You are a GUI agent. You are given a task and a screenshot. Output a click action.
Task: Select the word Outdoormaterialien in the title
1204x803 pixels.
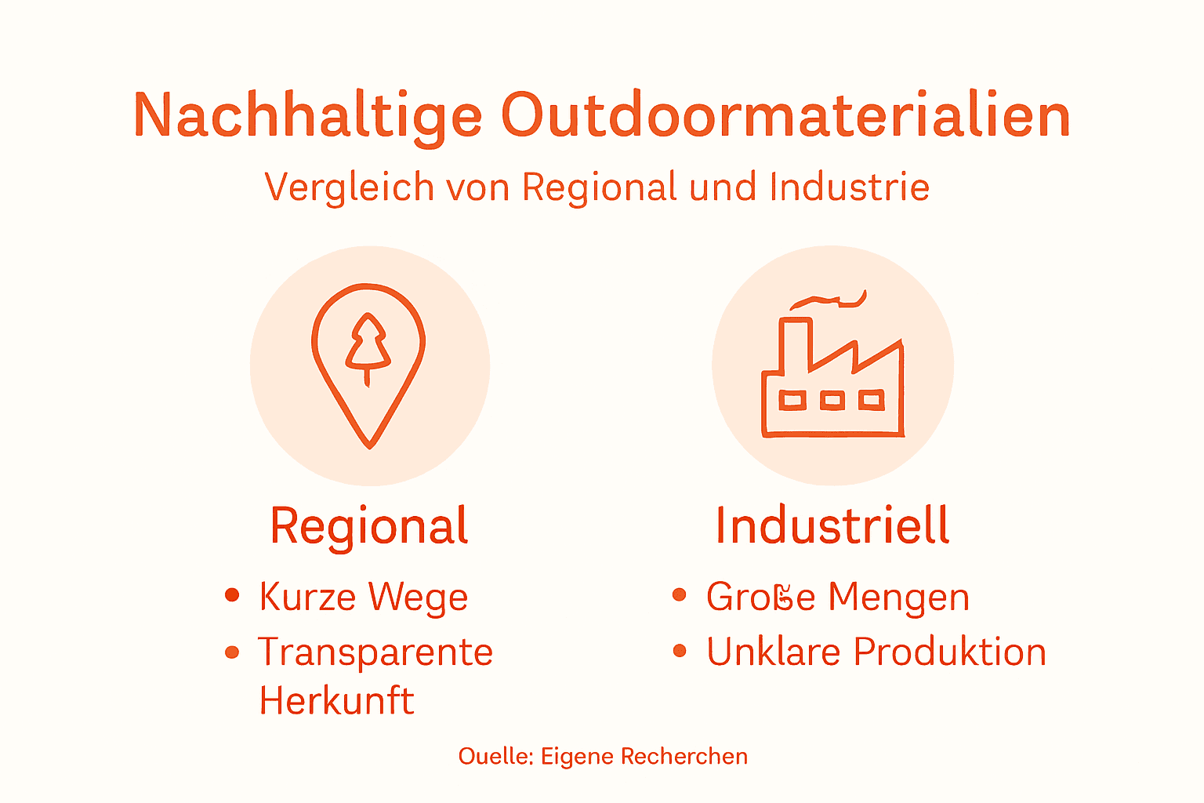click(x=785, y=116)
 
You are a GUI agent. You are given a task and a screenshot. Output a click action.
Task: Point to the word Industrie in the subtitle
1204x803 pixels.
click(x=850, y=187)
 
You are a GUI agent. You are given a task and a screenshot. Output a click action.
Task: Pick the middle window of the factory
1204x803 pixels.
click(x=832, y=401)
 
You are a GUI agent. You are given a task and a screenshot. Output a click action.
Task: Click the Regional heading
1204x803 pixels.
click(x=369, y=525)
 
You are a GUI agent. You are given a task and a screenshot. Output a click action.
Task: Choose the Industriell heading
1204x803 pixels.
click(x=832, y=525)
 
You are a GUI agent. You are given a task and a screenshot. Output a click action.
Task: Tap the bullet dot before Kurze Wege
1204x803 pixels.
click(x=231, y=595)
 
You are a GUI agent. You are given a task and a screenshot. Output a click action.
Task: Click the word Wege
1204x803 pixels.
click(x=418, y=598)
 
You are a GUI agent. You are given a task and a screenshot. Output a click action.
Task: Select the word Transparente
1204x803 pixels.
click(x=375, y=652)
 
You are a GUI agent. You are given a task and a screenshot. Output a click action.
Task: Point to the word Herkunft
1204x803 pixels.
click(x=336, y=700)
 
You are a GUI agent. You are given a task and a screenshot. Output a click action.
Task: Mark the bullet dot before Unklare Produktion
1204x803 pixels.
click(x=680, y=651)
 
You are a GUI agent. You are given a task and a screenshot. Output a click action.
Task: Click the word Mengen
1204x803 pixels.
click(x=898, y=598)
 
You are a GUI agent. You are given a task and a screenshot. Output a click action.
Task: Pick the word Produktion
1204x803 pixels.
click(x=949, y=652)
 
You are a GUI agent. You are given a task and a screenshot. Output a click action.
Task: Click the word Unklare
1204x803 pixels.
click(x=774, y=652)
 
